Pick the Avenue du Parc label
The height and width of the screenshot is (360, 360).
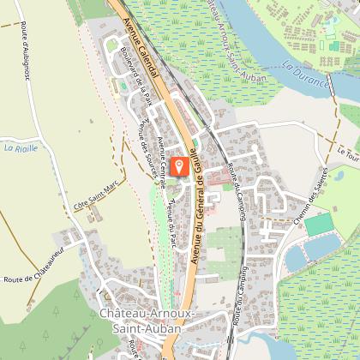[174, 222]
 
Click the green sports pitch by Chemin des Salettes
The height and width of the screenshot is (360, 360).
[320, 225]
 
